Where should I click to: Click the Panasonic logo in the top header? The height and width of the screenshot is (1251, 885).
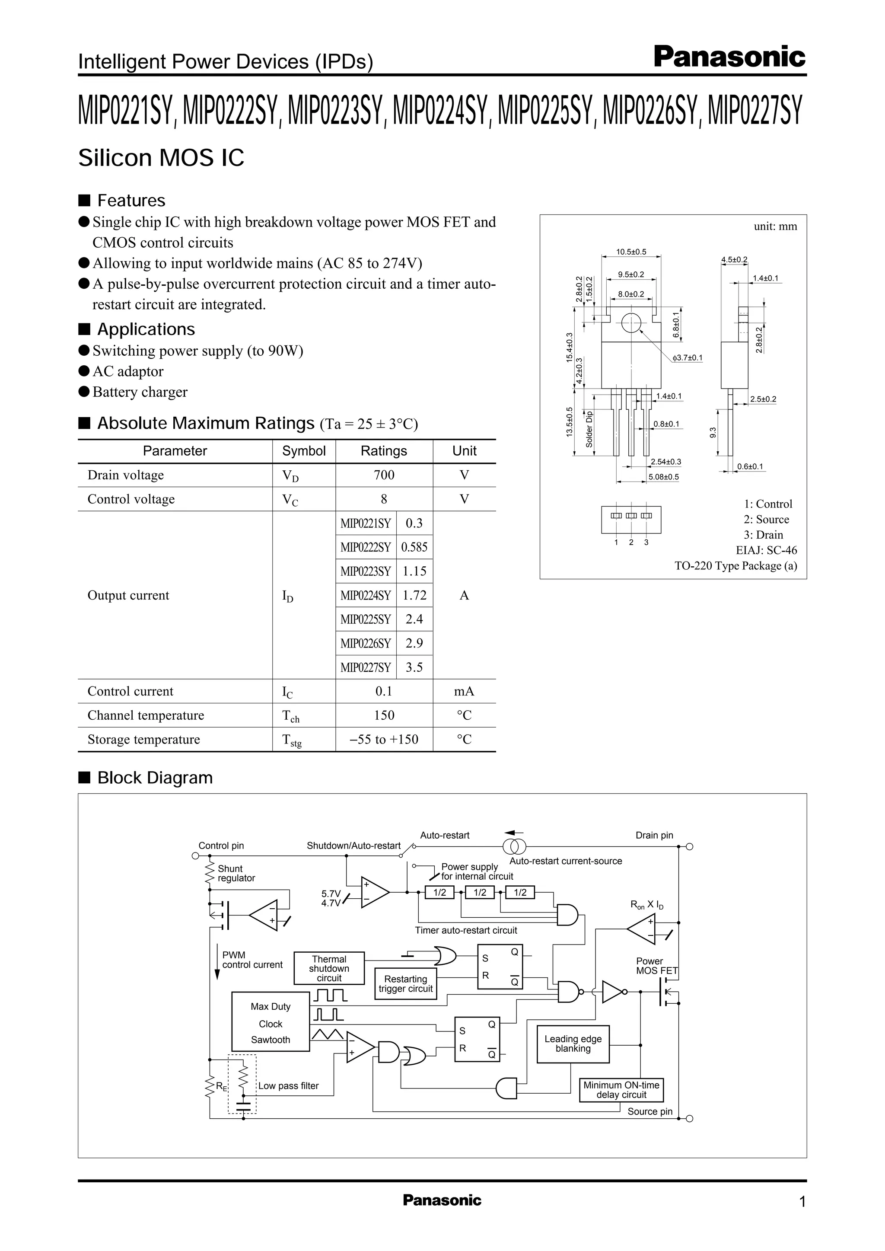tap(729, 57)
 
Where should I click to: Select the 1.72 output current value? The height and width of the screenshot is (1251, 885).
tap(414, 595)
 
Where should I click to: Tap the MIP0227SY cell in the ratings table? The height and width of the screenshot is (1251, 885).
tap(366, 667)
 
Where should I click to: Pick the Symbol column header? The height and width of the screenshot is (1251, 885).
tap(303, 451)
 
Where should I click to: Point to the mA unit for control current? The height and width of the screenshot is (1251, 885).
tap(464, 691)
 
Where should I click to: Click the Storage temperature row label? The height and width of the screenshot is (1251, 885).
tap(144, 739)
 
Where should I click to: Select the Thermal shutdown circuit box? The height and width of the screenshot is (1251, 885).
tap(329, 968)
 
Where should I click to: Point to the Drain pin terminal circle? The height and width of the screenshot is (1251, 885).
tap(689, 846)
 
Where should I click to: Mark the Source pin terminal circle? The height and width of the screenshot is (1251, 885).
tap(689, 1119)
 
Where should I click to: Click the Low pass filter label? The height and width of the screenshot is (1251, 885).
tap(288, 1086)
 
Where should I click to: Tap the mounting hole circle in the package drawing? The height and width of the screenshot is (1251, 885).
tap(631, 323)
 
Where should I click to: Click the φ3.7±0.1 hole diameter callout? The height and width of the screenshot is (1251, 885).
tap(687, 358)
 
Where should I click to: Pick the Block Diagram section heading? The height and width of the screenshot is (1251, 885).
tap(155, 778)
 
